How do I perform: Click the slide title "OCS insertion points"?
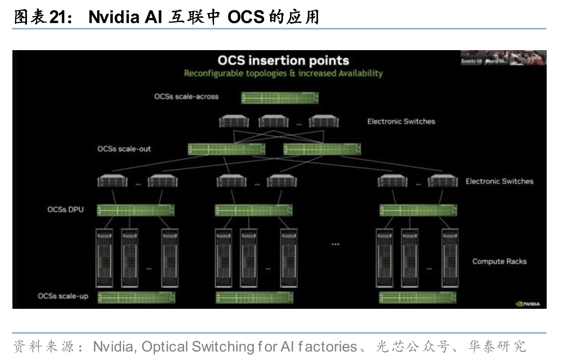pyautogui.click(x=283, y=60)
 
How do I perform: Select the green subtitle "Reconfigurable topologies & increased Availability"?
pyautogui.click(x=283, y=73)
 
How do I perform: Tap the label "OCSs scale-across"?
pyautogui.click(x=186, y=97)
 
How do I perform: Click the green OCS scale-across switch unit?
pyautogui.click(x=279, y=98)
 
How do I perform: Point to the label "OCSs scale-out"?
pyautogui.click(x=124, y=149)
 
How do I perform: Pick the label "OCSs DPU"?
pyautogui.click(x=66, y=209)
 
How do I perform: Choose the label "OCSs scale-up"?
pyautogui.click(x=63, y=296)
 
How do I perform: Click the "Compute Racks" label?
pyautogui.click(x=499, y=261)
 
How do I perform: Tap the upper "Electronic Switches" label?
pyautogui.click(x=401, y=121)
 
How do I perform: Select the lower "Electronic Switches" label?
pyautogui.click(x=499, y=181)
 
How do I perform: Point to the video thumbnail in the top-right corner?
pyautogui.click(x=503, y=58)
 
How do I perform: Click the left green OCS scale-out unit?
pyautogui.click(x=226, y=149)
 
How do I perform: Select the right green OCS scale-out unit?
pyautogui.click(x=322, y=149)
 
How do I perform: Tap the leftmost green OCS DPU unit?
pyautogui.click(x=135, y=210)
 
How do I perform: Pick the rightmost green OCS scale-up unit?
pyautogui.click(x=418, y=297)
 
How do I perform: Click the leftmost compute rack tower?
pyautogui.click(x=104, y=258)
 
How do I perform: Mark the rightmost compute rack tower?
pyautogui.click(x=450, y=258)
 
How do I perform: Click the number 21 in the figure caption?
pyautogui.click(x=57, y=18)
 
